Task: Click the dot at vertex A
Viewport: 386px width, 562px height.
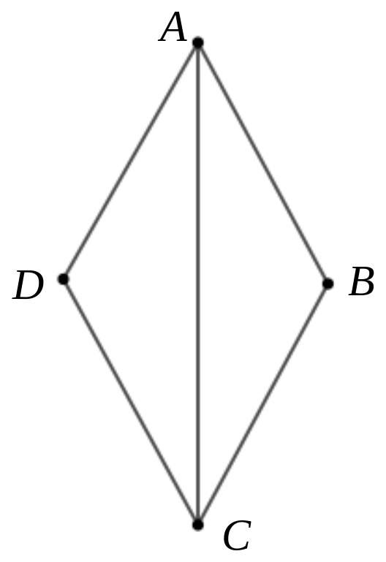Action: tap(198, 42)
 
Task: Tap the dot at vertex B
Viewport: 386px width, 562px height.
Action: tap(328, 284)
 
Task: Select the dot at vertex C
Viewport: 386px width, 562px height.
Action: tap(198, 525)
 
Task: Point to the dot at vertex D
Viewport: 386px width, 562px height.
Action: tap(63, 279)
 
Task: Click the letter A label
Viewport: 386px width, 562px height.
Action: tap(173, 27)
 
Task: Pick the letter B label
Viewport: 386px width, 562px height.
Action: tap(362, 281)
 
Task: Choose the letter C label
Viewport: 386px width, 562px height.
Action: tap(237, 536)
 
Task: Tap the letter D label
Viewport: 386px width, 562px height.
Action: tap(28, 285)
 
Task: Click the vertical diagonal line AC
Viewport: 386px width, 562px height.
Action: tap(198, 284)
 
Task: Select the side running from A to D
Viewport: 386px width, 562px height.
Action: tap(130, 161)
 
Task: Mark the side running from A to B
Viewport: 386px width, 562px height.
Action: tap(262, 163)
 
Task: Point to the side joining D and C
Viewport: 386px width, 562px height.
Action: tap(130, 402)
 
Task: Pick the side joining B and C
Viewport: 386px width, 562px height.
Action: tap(262, 404)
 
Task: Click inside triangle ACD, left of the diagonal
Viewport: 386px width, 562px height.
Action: tap(153, 282)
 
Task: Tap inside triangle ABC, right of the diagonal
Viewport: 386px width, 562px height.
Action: tap(241, 284)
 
